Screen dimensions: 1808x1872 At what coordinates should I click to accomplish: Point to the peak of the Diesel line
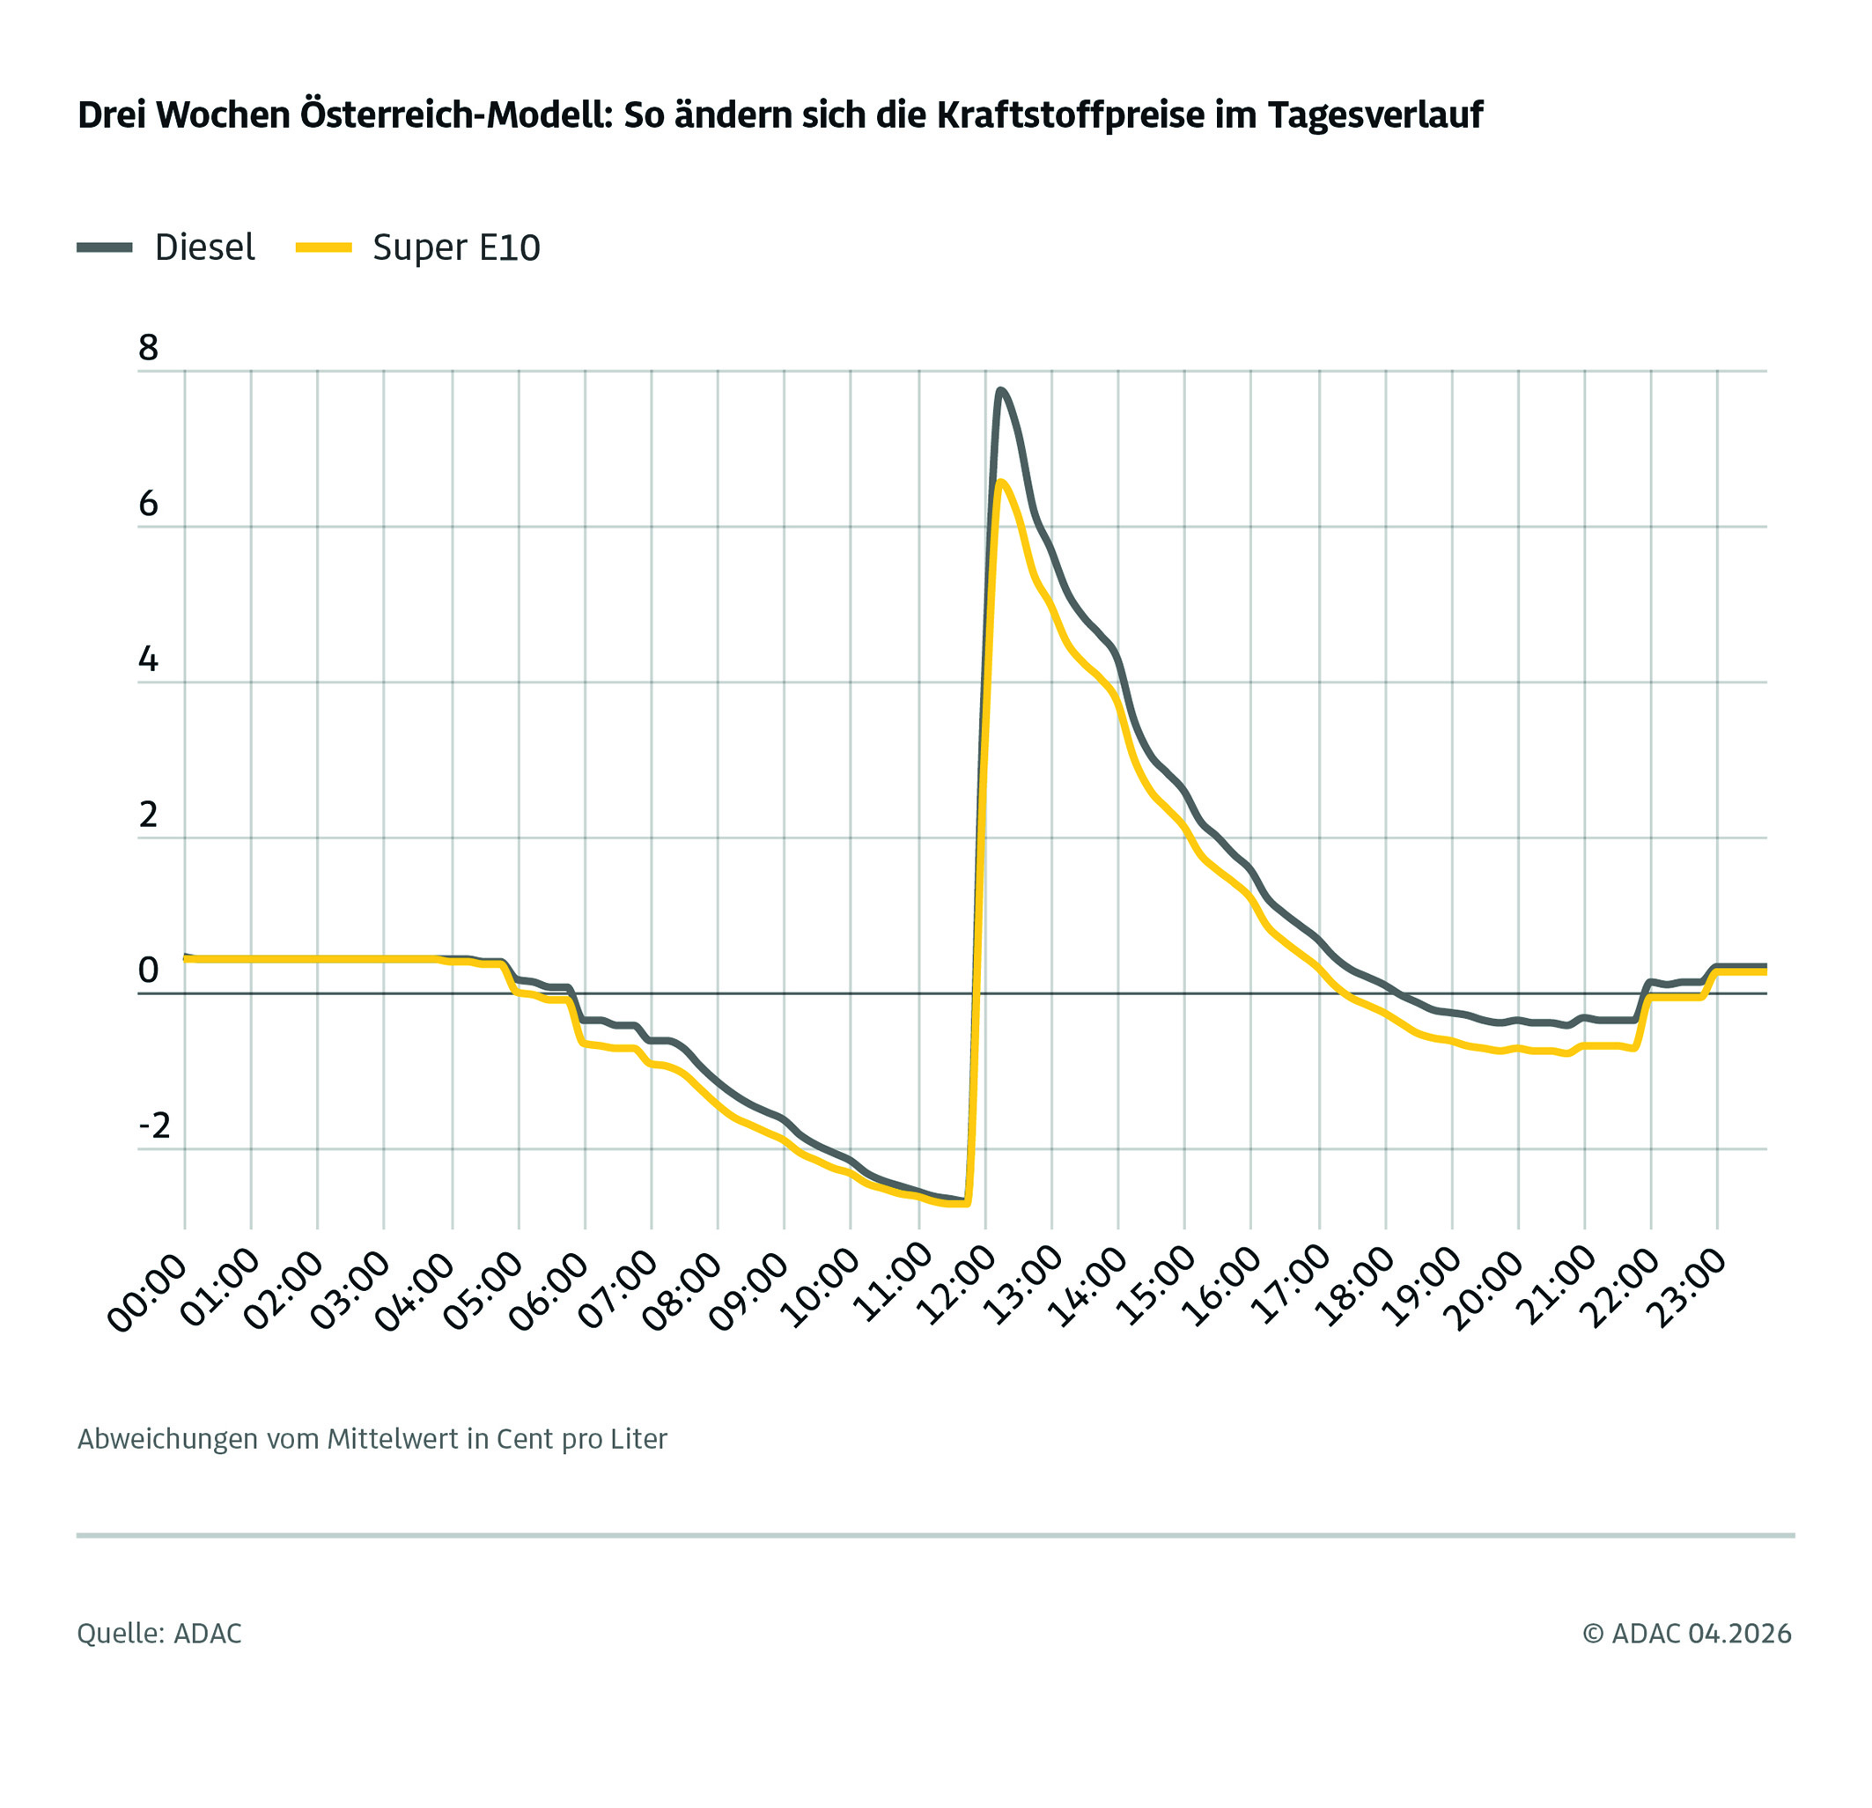click(999, 391)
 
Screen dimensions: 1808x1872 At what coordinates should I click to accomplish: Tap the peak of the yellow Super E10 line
click(1000, 483)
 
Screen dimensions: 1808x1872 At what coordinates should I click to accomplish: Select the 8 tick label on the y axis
click(148, 349)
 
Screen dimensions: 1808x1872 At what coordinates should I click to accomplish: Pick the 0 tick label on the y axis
click(148, 970)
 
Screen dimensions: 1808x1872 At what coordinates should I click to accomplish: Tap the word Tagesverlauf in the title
click(1375, 115)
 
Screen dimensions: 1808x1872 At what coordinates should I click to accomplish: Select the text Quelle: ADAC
click(159, 1634)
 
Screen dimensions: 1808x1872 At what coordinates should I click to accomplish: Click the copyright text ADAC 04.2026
click(1688, 1634)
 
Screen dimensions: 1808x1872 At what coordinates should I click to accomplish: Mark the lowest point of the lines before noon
click(960, 1203)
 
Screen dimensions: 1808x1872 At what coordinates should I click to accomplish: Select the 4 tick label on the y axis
click(148, 659)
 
